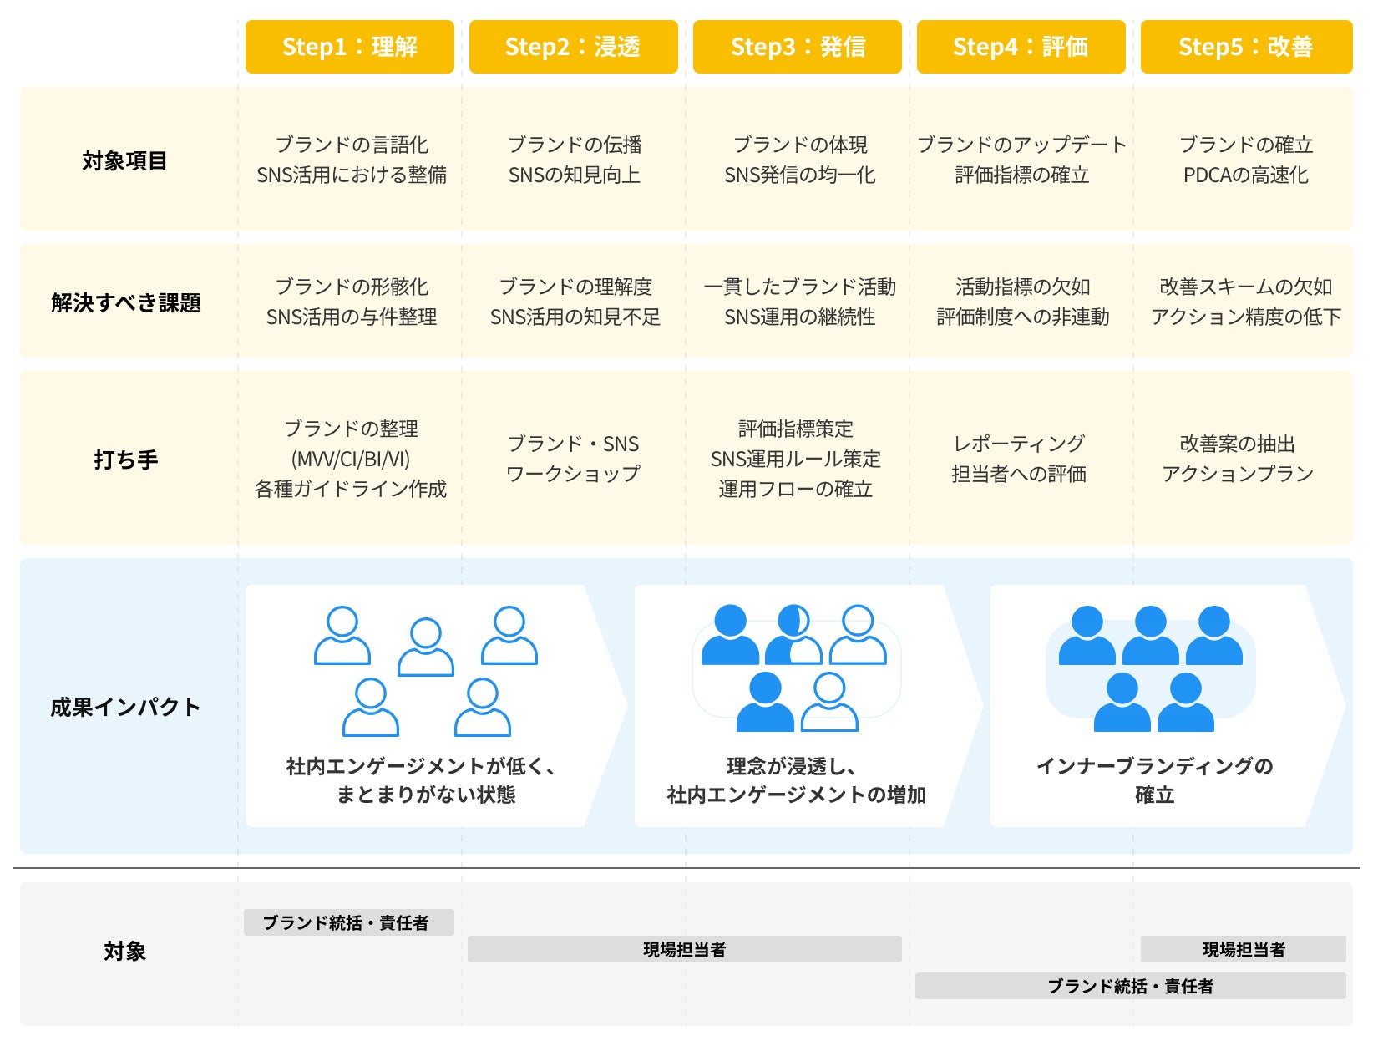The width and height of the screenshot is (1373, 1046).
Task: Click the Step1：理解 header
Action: [x=349, y=47]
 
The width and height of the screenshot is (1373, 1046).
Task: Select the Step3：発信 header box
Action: [x=797, y=47]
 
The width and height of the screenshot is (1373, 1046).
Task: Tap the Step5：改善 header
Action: [x=1245, y=47]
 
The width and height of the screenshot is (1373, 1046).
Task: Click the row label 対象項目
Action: [x=125, y=160]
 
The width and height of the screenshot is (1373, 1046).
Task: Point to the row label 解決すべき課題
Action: [x=126, y=302]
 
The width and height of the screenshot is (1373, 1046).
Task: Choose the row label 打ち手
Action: [x=126, y=460]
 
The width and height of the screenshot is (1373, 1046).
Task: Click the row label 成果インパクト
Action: [x=125, y=707]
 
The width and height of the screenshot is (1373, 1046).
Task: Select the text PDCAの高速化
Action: [x=1245, y=175]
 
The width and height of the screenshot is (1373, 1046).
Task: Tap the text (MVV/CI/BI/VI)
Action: [x=351, y=459]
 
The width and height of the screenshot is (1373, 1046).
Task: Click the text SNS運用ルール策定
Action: [x=796, y=459]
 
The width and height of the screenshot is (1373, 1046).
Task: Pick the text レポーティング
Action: [x=1019, y=444]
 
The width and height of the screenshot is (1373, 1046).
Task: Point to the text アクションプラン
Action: [x=1238, y=474]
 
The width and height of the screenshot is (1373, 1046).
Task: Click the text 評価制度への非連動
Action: [x=1022, y=317]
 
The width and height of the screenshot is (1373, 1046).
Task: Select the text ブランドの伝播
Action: [x=575, y=145]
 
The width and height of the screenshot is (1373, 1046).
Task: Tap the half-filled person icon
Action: [x=793, y=635]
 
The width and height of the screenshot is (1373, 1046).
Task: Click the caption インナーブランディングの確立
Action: [x=1154, y=779]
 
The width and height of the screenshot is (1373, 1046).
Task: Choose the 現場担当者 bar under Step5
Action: [x=1243, y=949]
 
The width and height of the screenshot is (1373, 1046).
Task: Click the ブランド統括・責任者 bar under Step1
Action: [x=348, y=922]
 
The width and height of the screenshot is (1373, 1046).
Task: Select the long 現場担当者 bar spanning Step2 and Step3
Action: [x=684, y=949]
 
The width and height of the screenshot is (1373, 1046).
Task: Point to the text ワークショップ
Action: [x=573, y=474]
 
